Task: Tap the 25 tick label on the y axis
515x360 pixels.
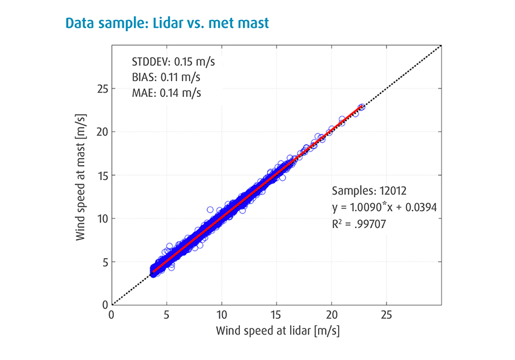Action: (x=101, y=88)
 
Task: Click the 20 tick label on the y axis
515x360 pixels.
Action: (x=101, y=132)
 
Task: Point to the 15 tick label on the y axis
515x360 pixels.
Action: (x=101, y=175)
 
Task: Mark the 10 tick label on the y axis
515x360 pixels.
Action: (x=101, y=218)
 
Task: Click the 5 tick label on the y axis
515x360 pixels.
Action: (x=104, y=262)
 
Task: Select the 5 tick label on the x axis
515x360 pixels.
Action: (x=167, y=316)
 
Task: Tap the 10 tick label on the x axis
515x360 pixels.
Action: (x=221, y=316)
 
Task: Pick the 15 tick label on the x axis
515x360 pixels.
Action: (x=276, y=316)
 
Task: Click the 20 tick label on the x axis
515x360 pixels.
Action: (x=331, y=316)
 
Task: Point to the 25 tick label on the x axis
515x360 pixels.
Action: (x=387, y=316)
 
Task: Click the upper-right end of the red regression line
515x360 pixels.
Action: (x=362, y=107)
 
